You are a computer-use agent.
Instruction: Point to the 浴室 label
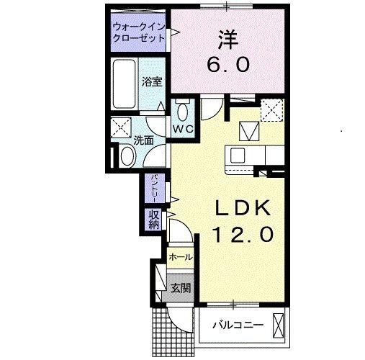(150, 82)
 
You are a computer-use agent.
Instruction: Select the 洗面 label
(144, 140)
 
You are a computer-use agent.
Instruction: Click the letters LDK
(243, 209)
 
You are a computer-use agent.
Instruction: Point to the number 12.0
(243, 234)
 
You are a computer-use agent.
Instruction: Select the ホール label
(180, 256)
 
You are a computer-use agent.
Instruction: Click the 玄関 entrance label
(180, 289)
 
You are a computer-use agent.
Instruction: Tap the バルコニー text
(237, 325)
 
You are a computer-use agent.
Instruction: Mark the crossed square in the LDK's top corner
(271, 111)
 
